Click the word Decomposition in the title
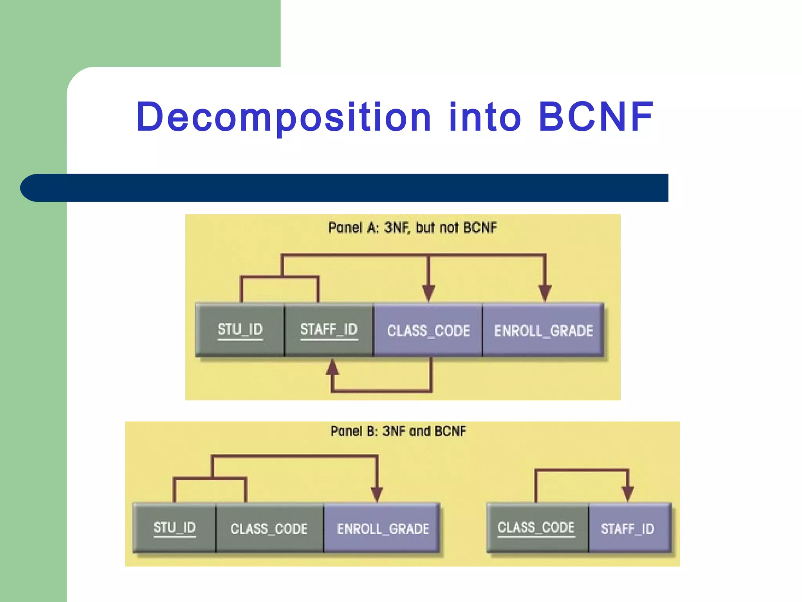(284, 117)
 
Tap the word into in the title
(485, 117)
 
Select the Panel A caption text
(412, 228)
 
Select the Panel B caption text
(398, 432)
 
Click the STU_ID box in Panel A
(240, 330)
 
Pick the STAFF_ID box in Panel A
(329, 330)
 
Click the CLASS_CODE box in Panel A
(428, 330)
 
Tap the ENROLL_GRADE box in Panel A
(543, 330)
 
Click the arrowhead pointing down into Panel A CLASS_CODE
(428, 293)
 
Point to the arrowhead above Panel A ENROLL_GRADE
(545, 293)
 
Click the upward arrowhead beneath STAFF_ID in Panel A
(332, 367)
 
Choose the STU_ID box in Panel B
(175, 528)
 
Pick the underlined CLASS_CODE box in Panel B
(536, 528)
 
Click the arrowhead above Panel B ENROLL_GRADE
(377, 493)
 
